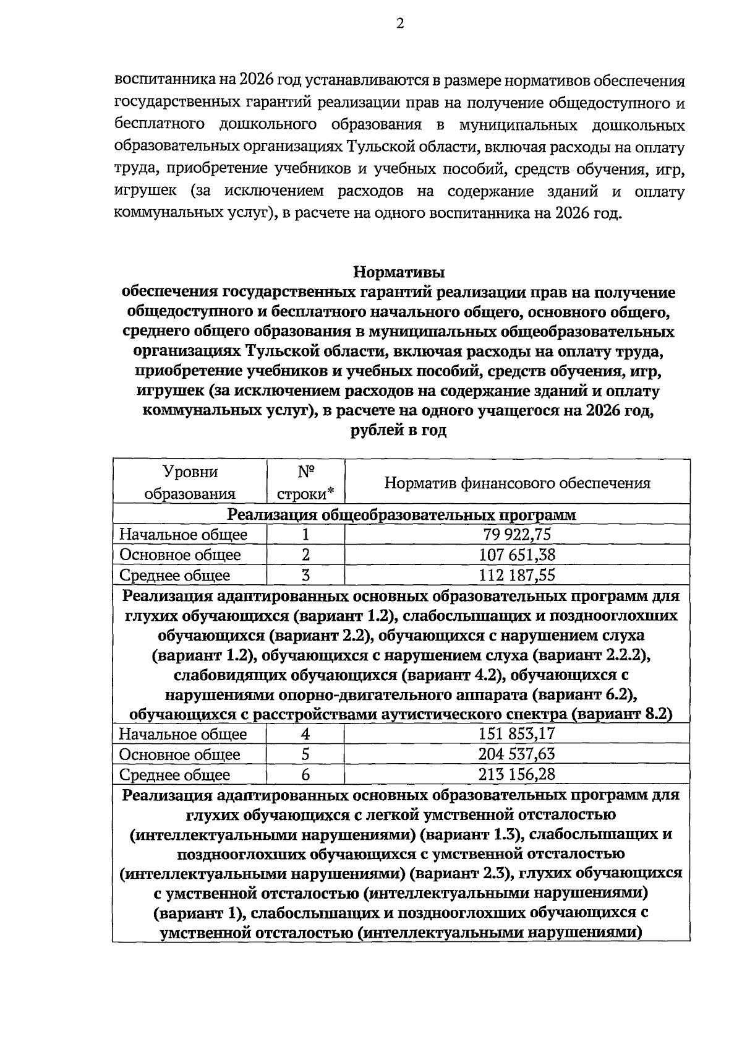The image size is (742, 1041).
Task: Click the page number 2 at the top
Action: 399,24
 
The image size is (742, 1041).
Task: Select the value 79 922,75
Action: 517,535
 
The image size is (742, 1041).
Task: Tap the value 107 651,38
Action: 517,555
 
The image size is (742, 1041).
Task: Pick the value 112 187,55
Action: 517,576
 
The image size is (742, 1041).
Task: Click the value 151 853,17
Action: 517,734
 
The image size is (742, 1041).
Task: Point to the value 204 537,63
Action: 517,754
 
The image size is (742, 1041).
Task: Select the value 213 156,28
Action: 517,775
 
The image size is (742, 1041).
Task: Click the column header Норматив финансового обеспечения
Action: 517,483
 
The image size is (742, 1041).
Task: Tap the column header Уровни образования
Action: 190,483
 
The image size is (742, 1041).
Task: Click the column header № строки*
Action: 305,483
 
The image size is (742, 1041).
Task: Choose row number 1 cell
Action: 305,535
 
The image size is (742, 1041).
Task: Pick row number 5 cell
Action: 305,754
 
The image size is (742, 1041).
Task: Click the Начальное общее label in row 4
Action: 183,735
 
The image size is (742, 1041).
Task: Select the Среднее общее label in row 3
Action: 174,576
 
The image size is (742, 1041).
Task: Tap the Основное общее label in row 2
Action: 180,555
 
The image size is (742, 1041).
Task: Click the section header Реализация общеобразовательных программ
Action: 401,515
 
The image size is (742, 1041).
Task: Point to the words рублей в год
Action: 399,431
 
